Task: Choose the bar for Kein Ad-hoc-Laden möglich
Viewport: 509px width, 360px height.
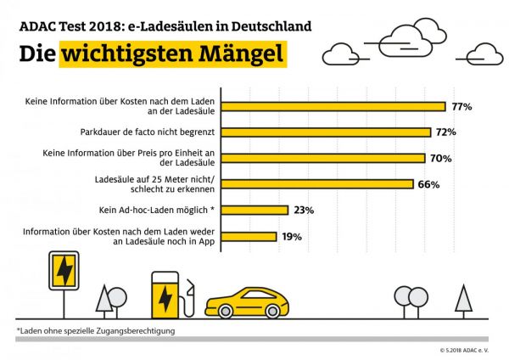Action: tap(256, 210)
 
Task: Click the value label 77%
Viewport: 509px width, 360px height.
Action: tap(461, 106)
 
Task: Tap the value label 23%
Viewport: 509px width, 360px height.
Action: tap(304, 210)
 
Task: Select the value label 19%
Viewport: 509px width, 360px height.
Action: tap(292, 236)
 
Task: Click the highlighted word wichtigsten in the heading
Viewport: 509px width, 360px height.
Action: tap(120, 53)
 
